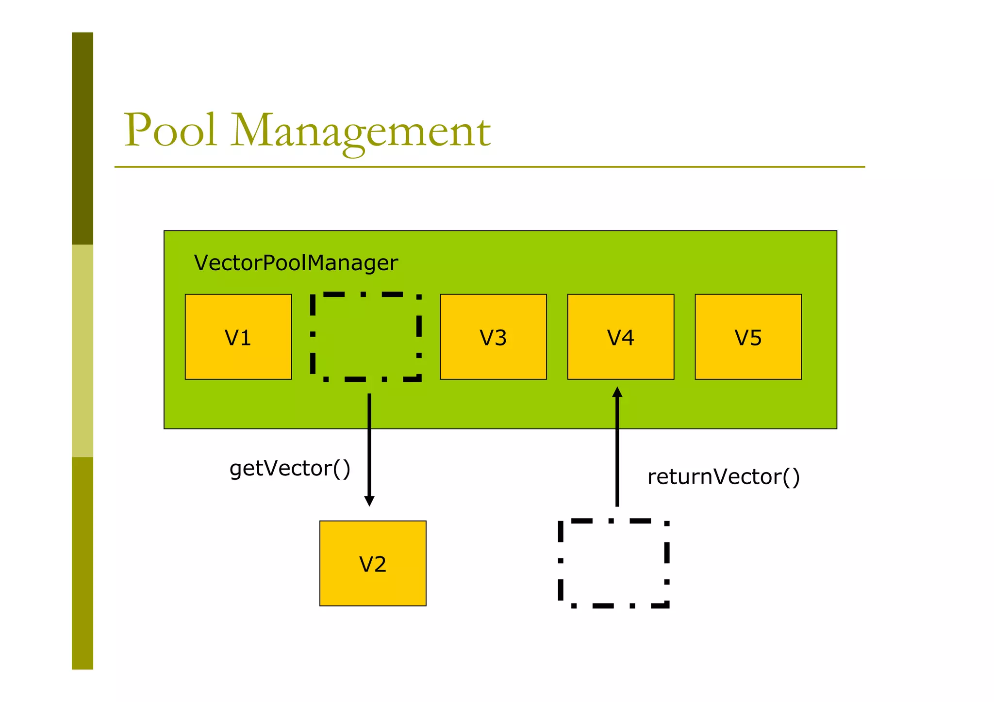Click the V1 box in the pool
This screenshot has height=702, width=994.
point(238,337)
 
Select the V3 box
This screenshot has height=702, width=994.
point(493,337)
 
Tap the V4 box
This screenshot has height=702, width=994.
point(620,337)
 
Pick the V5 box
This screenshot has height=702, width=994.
point(748,337)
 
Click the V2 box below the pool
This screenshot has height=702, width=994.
point(373,563)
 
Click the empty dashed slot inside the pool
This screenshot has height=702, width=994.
point(365,337)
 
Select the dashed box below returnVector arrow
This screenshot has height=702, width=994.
point(613,563)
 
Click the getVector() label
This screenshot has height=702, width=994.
point(290,469)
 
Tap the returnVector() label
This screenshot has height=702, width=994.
point(723,477)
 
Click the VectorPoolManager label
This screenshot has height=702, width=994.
point(296,263)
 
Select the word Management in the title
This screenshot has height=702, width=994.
point(361,131)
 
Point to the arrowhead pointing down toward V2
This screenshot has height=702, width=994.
point(369,501)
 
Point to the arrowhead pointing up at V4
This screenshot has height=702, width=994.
point(617,392)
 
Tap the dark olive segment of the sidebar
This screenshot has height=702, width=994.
point(83,138)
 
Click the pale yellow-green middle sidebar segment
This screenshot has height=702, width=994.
point(83,350)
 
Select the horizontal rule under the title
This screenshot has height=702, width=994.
point(489,167)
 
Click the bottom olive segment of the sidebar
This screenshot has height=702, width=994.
point(83,563)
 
